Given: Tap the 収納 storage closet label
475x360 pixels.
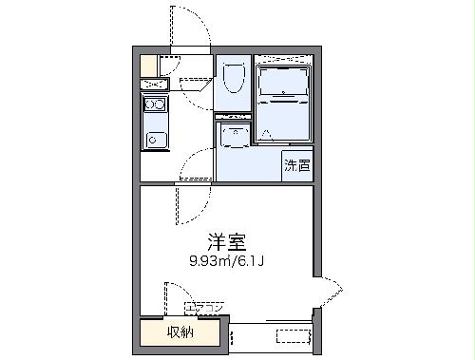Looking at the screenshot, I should coord(181,332).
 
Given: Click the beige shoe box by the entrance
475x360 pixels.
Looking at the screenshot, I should coord(147,66).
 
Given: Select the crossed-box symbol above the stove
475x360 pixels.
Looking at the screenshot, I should coord(154,85).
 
